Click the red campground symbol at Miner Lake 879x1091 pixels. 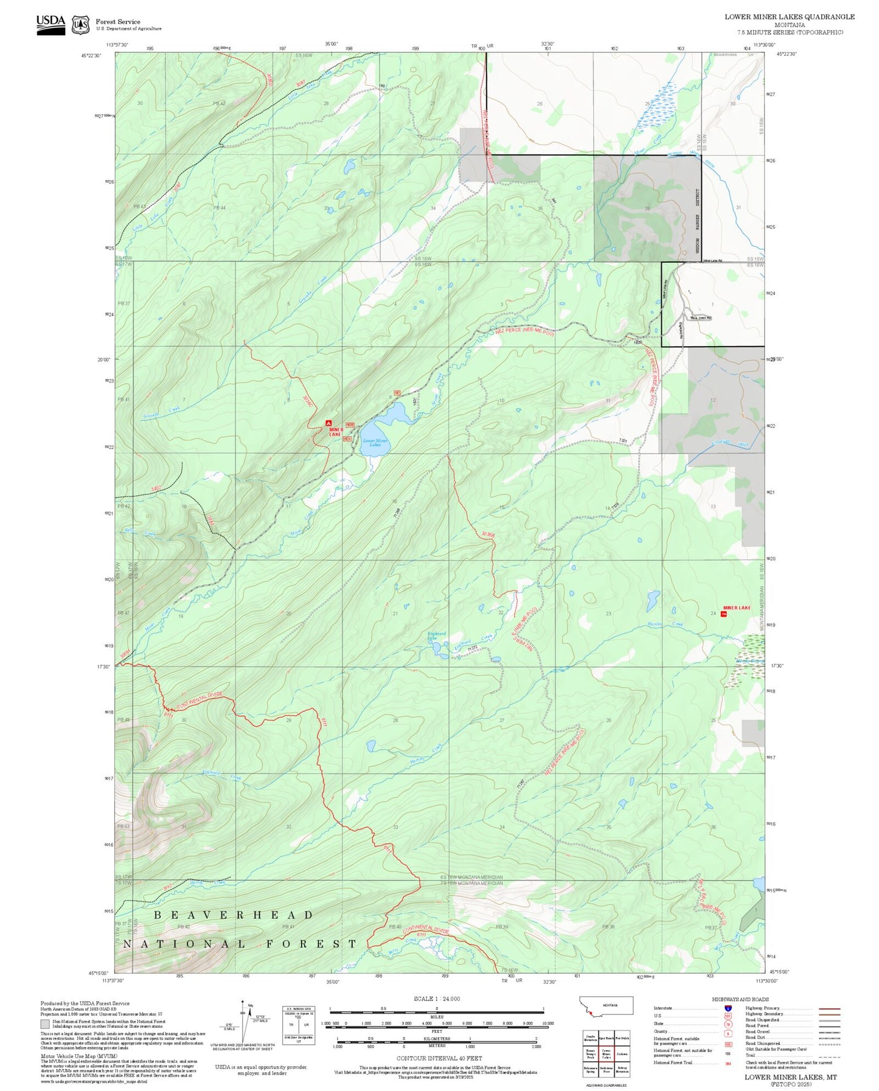(329, 423)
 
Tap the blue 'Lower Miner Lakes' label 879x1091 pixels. (375, 443)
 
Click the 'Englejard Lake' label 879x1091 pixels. (437, 636)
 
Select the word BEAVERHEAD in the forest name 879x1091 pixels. (234, 915)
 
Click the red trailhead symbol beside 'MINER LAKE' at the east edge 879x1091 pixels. (723, 614)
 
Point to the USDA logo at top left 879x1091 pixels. (50, 24)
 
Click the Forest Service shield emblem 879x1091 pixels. (80, 25)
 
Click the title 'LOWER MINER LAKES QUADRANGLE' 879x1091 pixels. (789, 17)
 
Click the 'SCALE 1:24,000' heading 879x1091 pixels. (436, 999)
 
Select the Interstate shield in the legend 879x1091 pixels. (728, 1008)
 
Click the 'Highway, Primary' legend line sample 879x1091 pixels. (830, 1008)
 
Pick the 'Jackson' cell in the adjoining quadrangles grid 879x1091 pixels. (622, 1054)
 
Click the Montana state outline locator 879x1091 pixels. (607, 1005)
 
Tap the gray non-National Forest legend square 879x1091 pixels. (44, 1023)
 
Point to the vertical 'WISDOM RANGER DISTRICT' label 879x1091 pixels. (698, 221)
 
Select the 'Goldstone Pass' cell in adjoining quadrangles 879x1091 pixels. (606, 1070)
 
